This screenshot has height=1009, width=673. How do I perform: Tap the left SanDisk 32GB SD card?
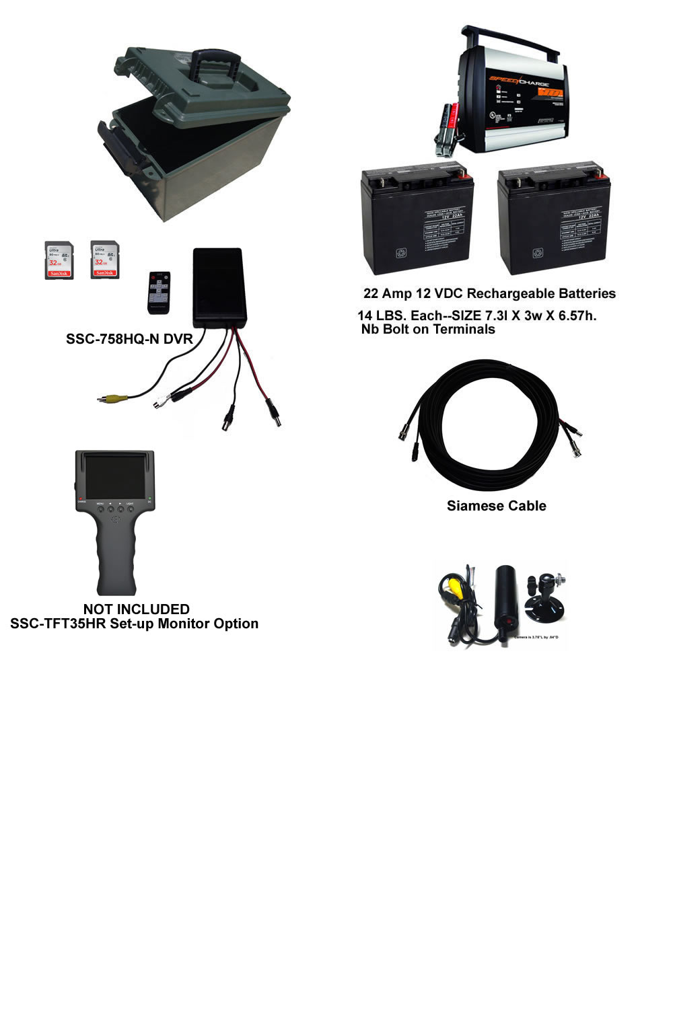(x=59, y=260)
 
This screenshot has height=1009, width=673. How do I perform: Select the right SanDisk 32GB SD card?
(x=104, y=259)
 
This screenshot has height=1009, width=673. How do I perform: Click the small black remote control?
(x=158, y=292)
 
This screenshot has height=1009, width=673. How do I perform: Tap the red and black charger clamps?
(x=447, y=128)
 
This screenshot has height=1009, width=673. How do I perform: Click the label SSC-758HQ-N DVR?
(x=129, y=339)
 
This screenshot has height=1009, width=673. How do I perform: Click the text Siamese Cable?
(x=496, y=506)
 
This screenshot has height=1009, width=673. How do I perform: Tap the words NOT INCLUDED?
(x=136, y=609)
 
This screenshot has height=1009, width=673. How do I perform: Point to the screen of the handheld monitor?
(x=114, y=474)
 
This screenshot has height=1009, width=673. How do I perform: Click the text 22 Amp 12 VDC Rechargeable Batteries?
(x=489, y=293)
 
